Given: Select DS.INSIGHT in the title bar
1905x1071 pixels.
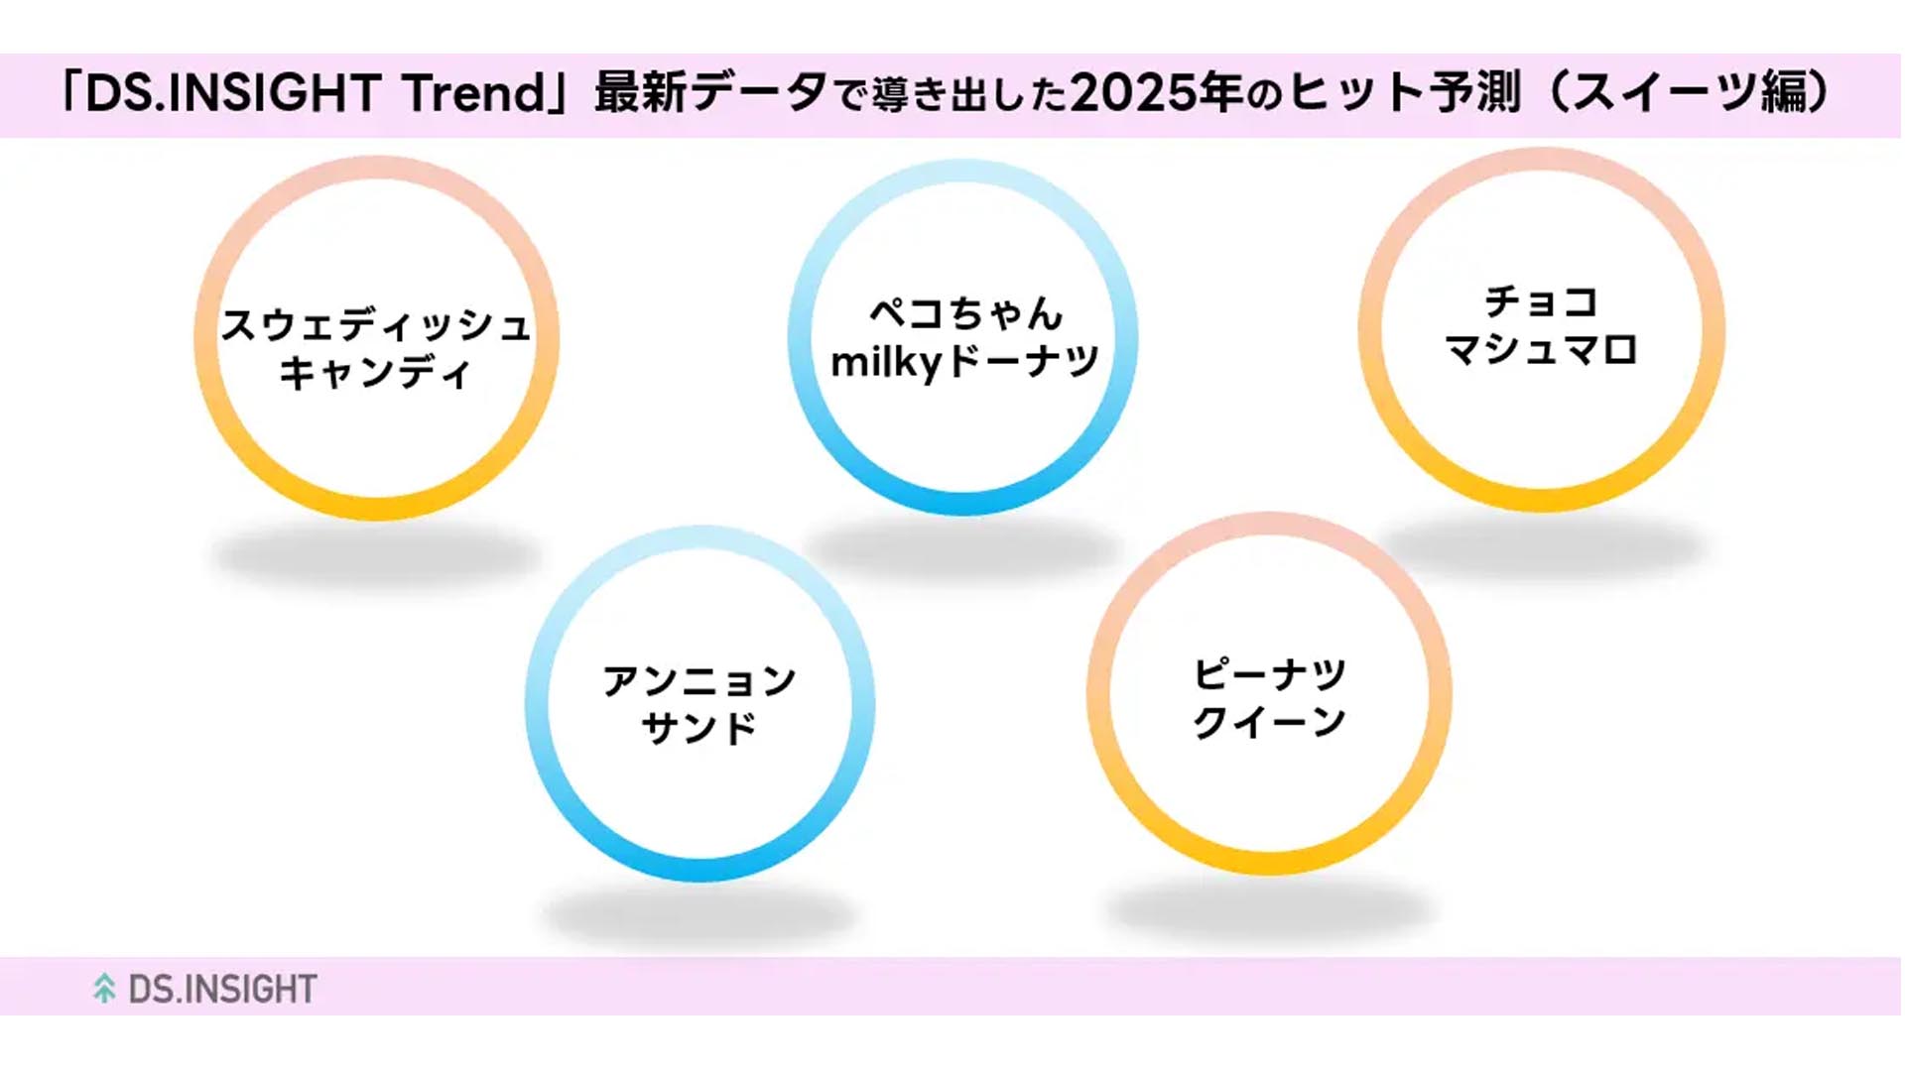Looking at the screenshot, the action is pyautogui.click(x=233, y=93).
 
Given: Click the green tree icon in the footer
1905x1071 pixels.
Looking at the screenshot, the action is pyautogui.click(x=104, y=988).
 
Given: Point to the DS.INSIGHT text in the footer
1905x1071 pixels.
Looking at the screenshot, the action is pyautogui.click(x=222, y=989).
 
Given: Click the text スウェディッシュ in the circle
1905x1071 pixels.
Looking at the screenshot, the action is pyautogui.click(x=376, y=324).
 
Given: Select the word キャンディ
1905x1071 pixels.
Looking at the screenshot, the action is pyautogui.click(x=375, y=373).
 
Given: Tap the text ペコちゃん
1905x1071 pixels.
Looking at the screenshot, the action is pyautogui.click(x=965, y=313).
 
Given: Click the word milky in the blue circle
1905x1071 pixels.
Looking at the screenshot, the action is pyautogui.click(x=885, y=362).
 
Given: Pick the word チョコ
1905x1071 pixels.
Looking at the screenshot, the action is pyautogui.click(x=1541, y=301).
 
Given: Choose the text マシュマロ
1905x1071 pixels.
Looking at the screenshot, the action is pyautogui.click(x=1541, y=349).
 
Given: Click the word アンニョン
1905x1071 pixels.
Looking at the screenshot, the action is pyautogui.click(x=699, y=680).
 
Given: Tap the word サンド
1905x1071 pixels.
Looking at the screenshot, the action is pyautogui.click(x=699, y=728).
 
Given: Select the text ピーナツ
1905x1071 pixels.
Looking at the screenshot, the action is pyautogui.click(x=1269, y=674).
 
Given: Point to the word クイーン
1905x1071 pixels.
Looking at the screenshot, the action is pyautogui.click(x=1269, y=722).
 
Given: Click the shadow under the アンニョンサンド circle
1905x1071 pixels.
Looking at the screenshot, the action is pyautogui.click(x=699, y=914).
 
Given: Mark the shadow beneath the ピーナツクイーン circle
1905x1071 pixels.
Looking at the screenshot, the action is pyautogui.click(x=1269, y=908).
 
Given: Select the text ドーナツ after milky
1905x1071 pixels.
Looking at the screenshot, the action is pyautogui.click(x=1022, y=361).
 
